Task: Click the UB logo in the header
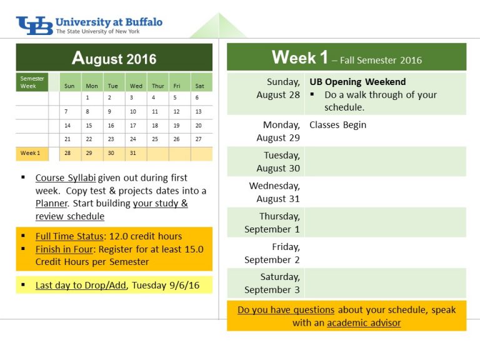(x=34, y=26)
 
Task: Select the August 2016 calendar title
(x=114, y=58)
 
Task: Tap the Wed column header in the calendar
(x=136, y=86)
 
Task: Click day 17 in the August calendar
(x=133, y=126)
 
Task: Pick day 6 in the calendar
(x=197, y=97)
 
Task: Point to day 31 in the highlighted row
(x=133, y=153)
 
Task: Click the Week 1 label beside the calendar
(x=30, y=153)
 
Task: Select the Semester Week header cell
(x=32, y=82)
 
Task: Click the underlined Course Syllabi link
(x=66, y=178)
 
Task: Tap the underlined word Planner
(x=51, y=204)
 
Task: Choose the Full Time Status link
(x=69, y=236)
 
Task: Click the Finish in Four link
(x=64, y=249)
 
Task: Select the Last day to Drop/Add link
(x=81, y=285)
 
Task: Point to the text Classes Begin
(x=337, y=125)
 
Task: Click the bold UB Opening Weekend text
(x=357, y=82)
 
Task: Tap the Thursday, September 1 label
(x=272, y=222)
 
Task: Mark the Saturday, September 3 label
(x=272, y=283)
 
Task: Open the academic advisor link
(x=364, y=322)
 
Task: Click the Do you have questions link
(x=286, y=310)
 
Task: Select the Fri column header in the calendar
(x=177, y=86)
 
